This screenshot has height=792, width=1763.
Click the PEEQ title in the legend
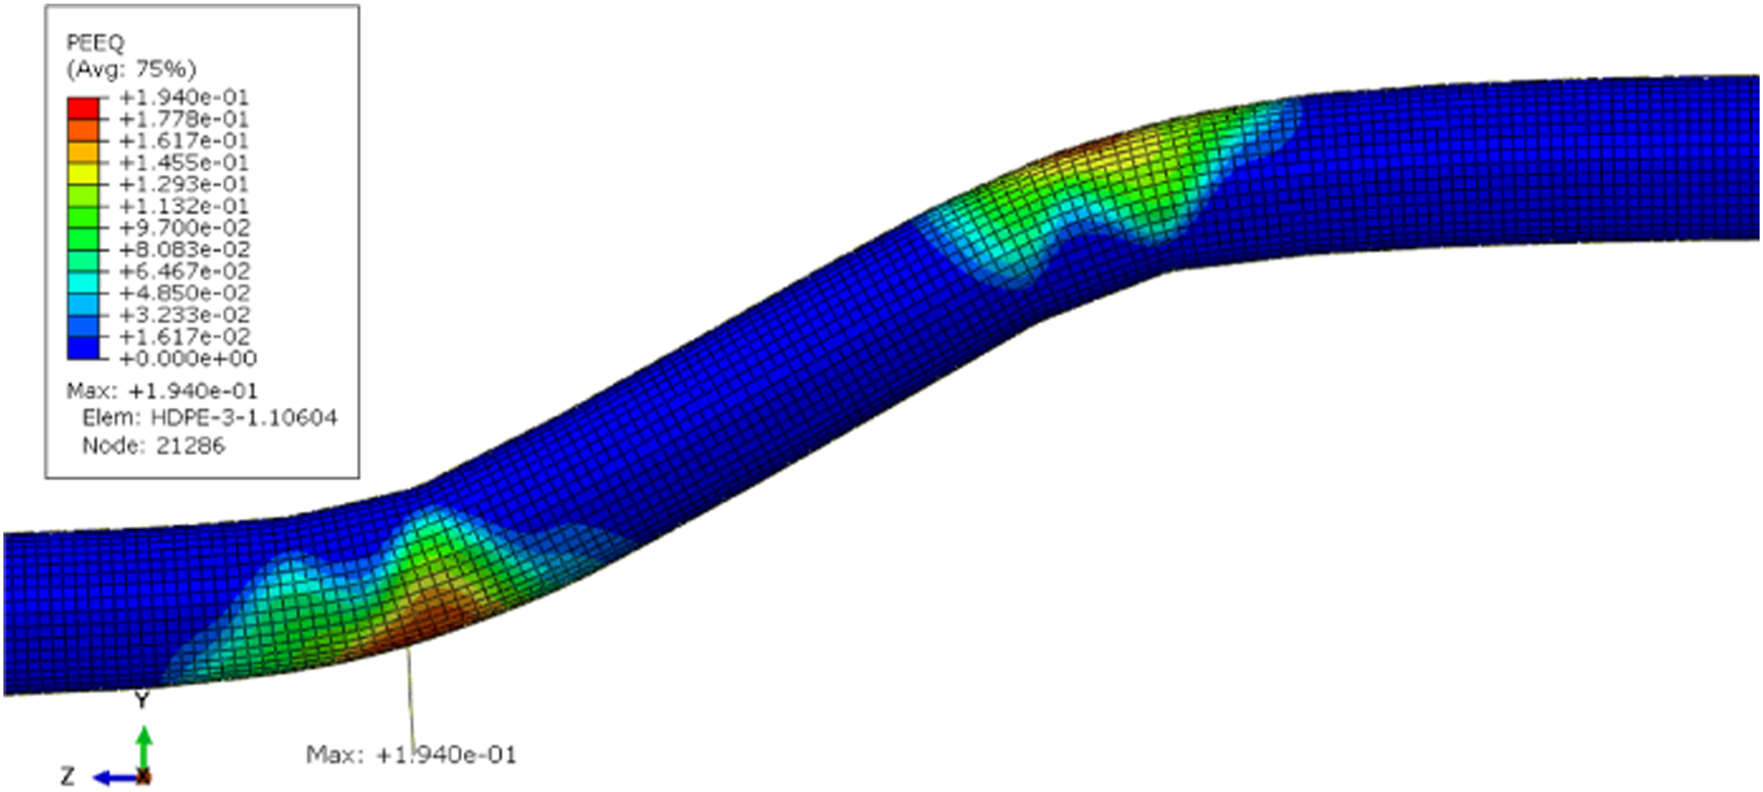tap(95, 43)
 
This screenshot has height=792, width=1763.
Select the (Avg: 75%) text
tap(131, 69)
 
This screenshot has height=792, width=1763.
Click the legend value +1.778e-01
tap(183, 119)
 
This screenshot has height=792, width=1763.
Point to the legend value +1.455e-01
tap(183, 163)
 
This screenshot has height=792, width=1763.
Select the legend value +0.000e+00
tap(188, 359)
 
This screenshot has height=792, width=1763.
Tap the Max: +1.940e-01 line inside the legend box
tap(162, 391)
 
